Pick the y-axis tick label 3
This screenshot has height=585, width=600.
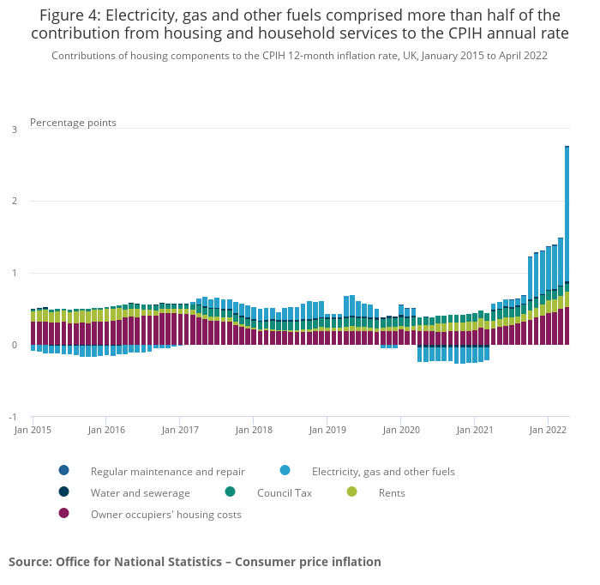(x=14, y=130)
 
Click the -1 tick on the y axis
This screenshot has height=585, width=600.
(x=13, y=417)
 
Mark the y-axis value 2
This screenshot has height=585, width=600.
(x=14, y=202)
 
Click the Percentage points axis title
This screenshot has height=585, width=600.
(x=73, y=123)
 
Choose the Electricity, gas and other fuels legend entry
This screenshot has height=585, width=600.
(x=382, y=471)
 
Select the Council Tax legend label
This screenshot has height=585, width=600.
(x=284, y=493)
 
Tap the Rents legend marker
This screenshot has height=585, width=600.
(x=351, y=492)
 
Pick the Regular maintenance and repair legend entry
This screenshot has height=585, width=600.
(x=167, y=471)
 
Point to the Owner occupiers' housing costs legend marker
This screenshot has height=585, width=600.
(x=63, y=514)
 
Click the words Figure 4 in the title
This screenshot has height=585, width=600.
(x=68, y=15)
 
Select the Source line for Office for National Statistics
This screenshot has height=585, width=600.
(x=195, y=562)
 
